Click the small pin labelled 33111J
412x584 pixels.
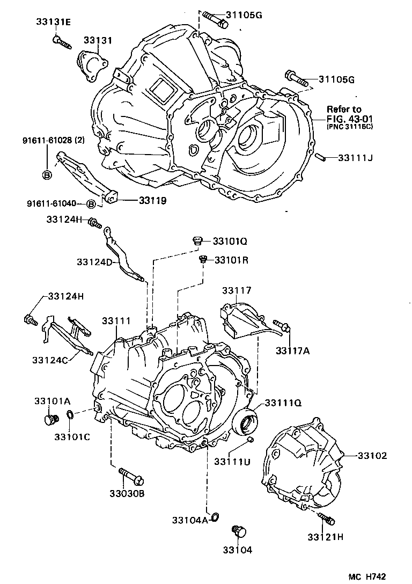320,157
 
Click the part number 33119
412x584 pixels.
152,201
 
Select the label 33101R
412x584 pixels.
232,260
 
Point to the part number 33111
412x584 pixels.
116,320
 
